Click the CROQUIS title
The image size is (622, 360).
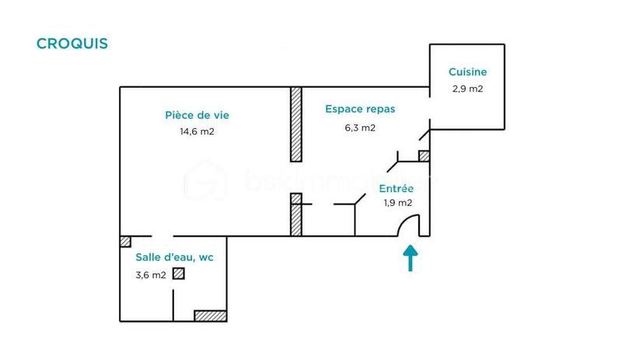pyautogui.click(x=72, y=43)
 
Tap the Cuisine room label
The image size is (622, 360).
pyautogui.click(x=467, y=72)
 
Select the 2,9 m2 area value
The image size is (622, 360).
pyautogui.click(x=467, y=89)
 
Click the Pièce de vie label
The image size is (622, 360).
pyautogui.click(x=197, y=115)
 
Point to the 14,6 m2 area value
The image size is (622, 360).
pyautogui.click(x=197, y=131)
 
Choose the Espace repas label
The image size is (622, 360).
pyautogui.click(x=360, y=110)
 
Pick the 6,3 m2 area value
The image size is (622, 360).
pyautogui.click(x=360, y=128)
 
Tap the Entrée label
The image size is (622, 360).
pyautogui.click(x=397, y=189)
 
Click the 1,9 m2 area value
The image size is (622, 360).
pyautogui.click(x=397, y=203)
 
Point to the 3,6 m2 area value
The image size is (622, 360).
pyautogui.click(x=151, y=274)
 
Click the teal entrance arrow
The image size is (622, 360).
pyautogui.click(x=410, y=257)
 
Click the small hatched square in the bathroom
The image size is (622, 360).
pyautogui.click(x=180, y=274)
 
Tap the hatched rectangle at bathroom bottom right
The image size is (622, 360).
pyautogui.click(x=210, y=316)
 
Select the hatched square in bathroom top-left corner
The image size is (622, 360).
pyautogui.click(x=124, y=241)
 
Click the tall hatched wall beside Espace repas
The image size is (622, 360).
pyautogui.click(x=295, y=124)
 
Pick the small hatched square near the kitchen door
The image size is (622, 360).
pyautogui.click(x=424, y=156)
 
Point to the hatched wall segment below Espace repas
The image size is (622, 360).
pyautogui.click(x=295, y=215)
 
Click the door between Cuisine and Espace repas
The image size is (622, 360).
pyautogui.click(x=425, y=132)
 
